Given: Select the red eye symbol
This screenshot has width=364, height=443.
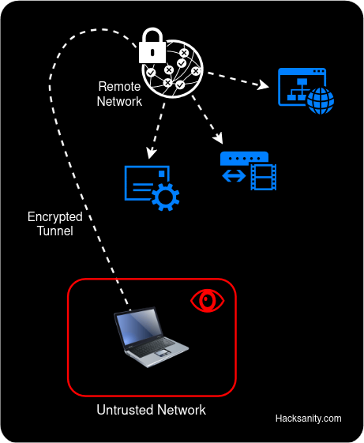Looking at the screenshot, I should pos(208,301).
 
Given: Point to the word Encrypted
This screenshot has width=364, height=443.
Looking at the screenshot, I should pos(54,217).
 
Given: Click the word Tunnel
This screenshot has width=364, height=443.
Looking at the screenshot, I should pos(54,231).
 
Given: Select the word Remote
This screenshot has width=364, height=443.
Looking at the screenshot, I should pos(119,86).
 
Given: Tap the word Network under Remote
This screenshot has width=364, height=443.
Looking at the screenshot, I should pos(119,101).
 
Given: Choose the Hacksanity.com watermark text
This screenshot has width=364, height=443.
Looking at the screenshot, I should pos(308,419).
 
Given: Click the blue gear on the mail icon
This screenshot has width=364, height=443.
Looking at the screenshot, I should pos(165,196).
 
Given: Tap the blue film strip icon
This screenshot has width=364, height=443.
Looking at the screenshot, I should pos(263,177).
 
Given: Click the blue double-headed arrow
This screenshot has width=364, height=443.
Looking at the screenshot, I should pos(234,176).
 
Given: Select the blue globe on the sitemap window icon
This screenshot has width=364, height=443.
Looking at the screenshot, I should pos(320,100).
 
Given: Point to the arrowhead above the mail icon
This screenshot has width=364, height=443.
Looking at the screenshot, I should pos(151,152).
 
